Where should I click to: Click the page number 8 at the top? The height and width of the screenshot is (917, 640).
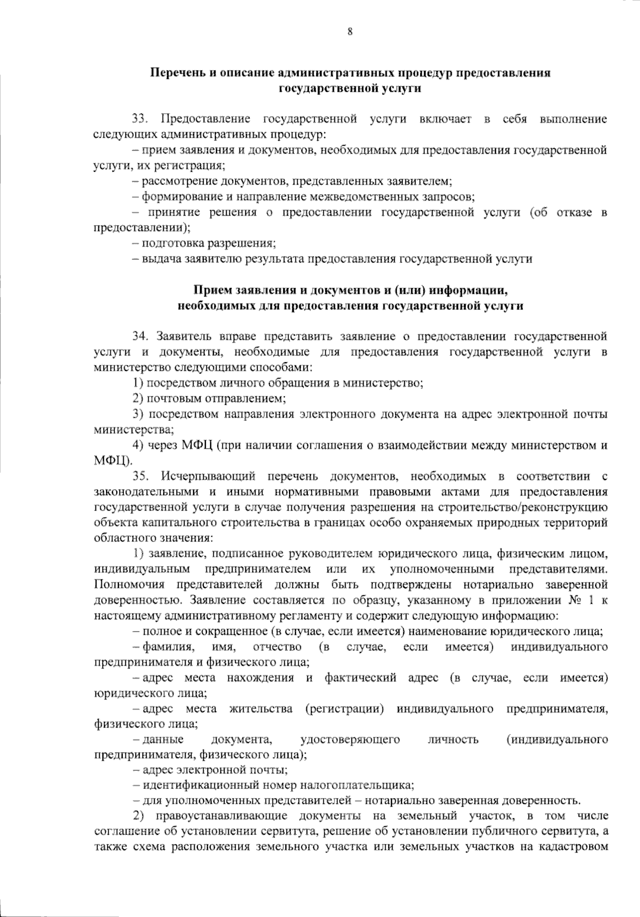[x=350, y=31]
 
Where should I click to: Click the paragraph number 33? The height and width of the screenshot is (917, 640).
[x=140, y=119]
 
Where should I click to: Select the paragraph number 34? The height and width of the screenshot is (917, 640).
[x=140, y=337]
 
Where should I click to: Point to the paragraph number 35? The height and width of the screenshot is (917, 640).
[x=140, y=475]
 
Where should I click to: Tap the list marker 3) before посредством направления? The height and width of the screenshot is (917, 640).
[x=138, y=414]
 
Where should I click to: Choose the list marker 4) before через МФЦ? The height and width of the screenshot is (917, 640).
[x=138, y=445]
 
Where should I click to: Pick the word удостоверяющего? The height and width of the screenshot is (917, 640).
[x=350, y=739]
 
